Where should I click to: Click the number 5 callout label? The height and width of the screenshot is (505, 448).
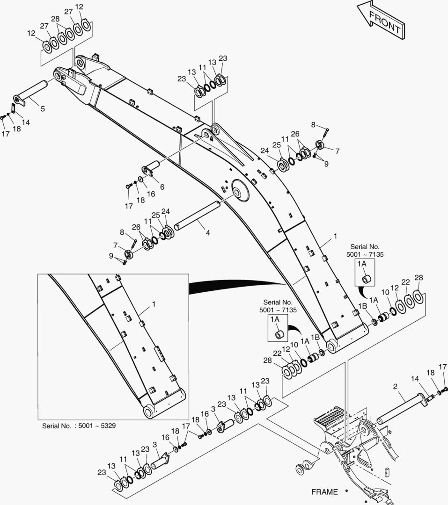coord(43,108)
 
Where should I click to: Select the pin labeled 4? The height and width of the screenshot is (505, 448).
coord(197,216)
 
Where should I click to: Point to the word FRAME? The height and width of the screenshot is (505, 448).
coord(324,492)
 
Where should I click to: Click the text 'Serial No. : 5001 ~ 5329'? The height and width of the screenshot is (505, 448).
coord(79,426)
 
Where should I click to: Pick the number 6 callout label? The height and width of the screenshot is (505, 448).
coord(162,187)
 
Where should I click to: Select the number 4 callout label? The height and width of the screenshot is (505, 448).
coord(208,232)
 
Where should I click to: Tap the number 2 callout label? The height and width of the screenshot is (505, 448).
coord(396,387)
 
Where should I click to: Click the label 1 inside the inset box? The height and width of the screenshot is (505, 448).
coord(154,304)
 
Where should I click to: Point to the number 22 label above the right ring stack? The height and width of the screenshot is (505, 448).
coord(405,282)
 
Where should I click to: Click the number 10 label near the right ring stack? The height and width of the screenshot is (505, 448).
coord(385,292)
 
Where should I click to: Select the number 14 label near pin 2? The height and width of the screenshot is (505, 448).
coord(415,379)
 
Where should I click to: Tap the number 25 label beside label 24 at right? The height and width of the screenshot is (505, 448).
coord(276,145)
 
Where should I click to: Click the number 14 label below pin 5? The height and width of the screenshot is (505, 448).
coord(26,122)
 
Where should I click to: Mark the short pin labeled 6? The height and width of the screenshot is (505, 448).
coord(151,168)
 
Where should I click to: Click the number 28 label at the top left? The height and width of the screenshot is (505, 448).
coord(56,19)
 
